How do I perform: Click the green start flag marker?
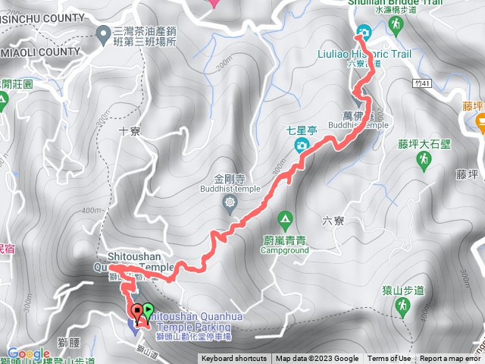click(x=148, y=310)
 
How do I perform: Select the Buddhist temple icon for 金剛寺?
click(x=230, y=202)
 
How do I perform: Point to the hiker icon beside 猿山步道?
click(x=403, y=306)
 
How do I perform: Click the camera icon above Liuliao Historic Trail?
click(x=363, y=32)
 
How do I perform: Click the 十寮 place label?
click(x=130, y=131)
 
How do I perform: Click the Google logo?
click(x=29, y=353)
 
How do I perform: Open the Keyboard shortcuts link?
click(x=234, y=359)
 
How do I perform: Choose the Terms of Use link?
click(x=390, y=359)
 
